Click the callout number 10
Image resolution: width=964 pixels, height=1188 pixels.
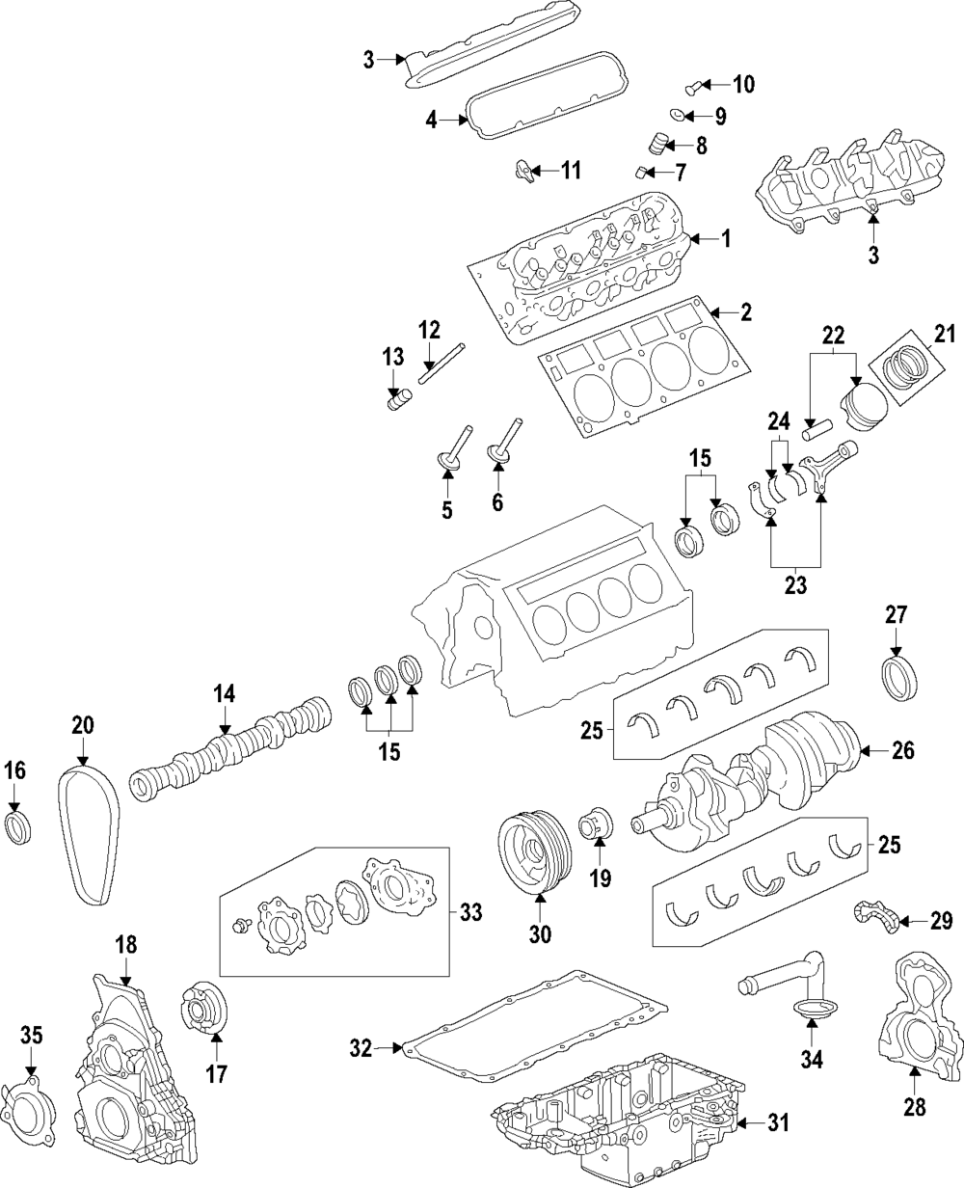coord(743,85)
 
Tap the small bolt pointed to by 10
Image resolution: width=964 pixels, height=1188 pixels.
coord(692,88)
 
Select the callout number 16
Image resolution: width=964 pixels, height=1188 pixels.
coord(14,770)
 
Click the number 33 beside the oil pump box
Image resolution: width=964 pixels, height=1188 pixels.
coord(470,912)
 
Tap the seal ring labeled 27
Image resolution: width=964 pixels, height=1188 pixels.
coord(899,680)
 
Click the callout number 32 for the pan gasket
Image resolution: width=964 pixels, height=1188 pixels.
coord(361,1048)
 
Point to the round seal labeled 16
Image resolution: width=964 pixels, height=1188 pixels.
coord(18,828)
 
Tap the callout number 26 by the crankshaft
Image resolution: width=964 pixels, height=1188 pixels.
coord(903,750)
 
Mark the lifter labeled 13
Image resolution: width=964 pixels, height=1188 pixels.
coord(399,400)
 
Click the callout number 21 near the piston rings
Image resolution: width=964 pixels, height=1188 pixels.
coord(945,334)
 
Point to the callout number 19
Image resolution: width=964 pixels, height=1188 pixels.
coord(601,878)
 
